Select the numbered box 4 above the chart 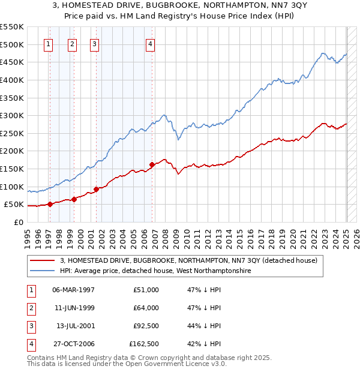150,43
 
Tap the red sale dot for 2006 152,164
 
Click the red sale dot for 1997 50,204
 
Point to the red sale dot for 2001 96,190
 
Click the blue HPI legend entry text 155,271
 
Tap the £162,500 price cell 144,344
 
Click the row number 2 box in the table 30,308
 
